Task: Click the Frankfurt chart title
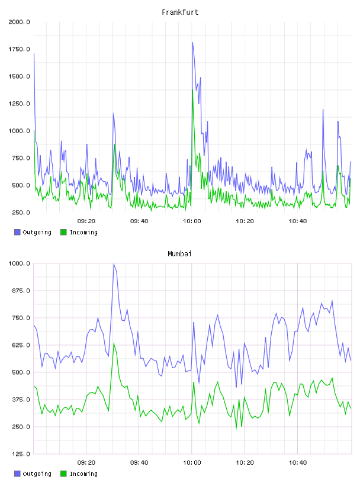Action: click(180, 12)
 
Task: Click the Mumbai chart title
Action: click(179, 253)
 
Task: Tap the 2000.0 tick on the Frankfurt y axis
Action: click(19, 22)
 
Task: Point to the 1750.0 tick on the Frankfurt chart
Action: click(19, 49)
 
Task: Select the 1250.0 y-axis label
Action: click(19, 104)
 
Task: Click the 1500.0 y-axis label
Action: click(19, 76)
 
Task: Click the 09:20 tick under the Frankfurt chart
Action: click(86, 221)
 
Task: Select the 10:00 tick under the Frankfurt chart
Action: click(192, 221)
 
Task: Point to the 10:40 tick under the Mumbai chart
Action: click(298, 462)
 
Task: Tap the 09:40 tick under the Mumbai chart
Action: click(139, 462)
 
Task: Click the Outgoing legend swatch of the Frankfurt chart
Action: click(17, 232)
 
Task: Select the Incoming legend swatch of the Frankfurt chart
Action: click(63, 232)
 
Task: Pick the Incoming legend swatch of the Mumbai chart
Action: click(63, 474)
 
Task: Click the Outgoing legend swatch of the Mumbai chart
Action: click(17, 474)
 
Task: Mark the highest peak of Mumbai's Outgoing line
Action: click(114, 264)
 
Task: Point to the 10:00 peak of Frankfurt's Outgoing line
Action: click(192, 43)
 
